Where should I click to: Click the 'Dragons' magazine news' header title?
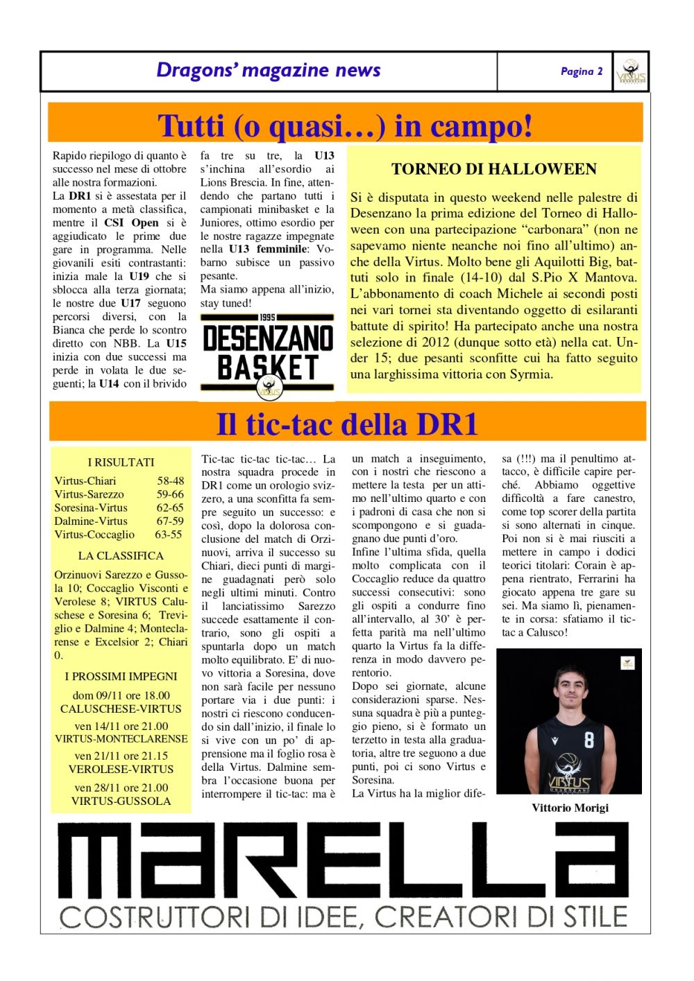pos(269,70)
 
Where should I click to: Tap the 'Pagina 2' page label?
pos(582,71)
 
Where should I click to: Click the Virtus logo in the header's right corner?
pos(631,71)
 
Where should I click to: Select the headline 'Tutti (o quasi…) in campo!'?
pos(345,125)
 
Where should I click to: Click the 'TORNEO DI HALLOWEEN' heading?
pos(493,169)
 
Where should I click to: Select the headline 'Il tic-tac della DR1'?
pos(347,424)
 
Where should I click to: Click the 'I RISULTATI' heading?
pos(121,462)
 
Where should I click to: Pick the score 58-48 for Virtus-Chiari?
pos(171,480)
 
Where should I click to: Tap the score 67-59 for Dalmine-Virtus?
pos(170,521)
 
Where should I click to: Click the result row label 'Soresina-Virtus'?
pos(91,507)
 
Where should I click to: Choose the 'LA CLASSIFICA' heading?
pos(121,555)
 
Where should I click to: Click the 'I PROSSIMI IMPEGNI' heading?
pos(121,676)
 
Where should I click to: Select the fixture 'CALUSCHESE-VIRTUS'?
pos(121,709)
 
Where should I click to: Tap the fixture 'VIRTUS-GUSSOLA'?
pos(121,801)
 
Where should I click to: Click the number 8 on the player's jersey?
pos(589,740)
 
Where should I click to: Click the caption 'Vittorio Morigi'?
pos(570,808)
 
